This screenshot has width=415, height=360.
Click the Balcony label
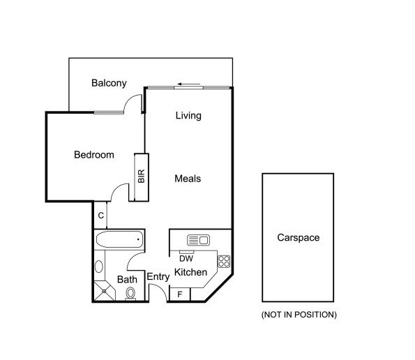(109, 83)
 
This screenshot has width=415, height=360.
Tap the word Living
(188, 116)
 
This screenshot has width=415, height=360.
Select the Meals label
(188, 179)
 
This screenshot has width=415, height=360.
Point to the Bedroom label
(93, 155)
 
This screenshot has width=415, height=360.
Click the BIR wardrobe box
(140, 176)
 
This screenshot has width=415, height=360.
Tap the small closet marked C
(101, 216)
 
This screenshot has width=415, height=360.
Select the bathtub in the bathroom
(119, 241)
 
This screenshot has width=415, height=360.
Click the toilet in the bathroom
(130, 294)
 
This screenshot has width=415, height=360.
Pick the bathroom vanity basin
(98, 267)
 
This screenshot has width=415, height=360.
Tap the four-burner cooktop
(225, 262)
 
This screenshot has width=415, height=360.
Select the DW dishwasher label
(186, 257)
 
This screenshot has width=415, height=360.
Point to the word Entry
(158, 277)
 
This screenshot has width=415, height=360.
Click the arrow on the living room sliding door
(191, 85)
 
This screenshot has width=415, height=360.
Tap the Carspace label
(298, 238)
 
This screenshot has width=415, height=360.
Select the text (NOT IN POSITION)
(299, 315)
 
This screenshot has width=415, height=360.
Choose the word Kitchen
(190, 272)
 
